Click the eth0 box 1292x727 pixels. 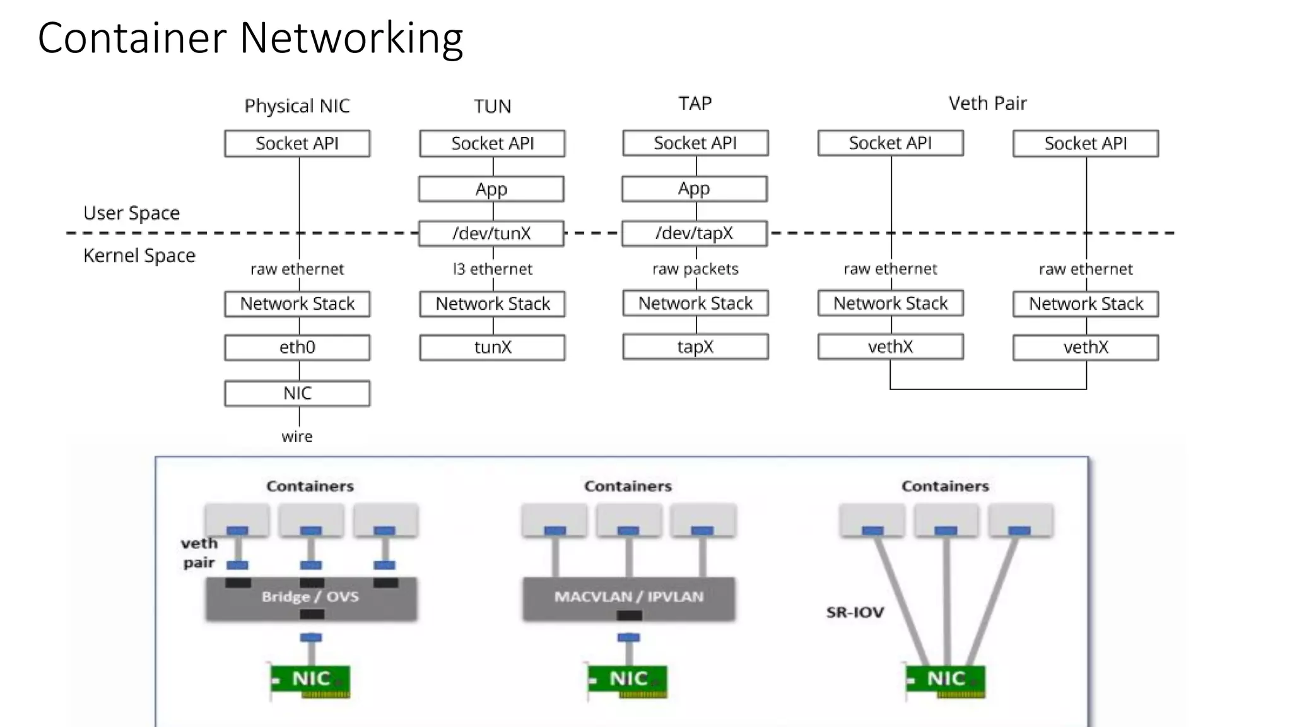297,347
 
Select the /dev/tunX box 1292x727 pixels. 491,233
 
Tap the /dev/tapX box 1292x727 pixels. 695,233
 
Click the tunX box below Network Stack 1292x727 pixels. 492,347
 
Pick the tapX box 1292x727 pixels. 695,346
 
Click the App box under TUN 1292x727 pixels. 491,189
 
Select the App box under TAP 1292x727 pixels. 695,189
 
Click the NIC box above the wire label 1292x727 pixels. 297,393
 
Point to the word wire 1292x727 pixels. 297,437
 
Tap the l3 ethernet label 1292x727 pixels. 493,269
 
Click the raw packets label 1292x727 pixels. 695,269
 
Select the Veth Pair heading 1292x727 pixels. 988,103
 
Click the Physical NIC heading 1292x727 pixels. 297,106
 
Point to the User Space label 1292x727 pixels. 131,213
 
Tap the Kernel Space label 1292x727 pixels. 139,256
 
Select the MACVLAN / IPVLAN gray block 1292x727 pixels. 628,597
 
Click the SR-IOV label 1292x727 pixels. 855,612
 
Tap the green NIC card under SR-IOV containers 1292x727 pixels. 945,680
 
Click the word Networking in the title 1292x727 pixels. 351,38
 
